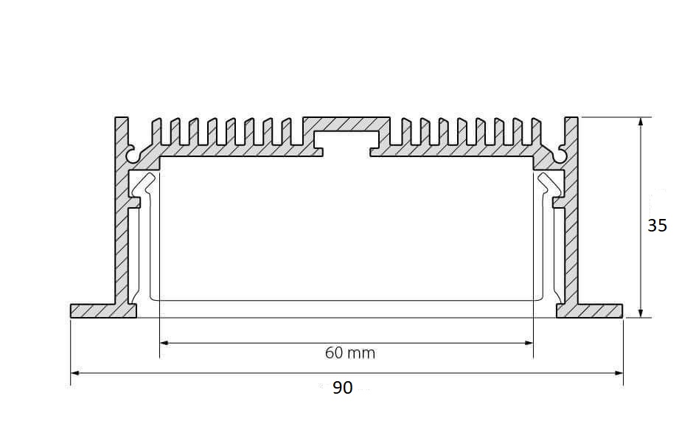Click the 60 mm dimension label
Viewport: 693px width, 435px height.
[x=350, y=352]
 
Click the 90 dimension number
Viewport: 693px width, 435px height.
[x=343, y=388]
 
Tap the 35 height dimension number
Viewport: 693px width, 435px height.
[x=657, y=226]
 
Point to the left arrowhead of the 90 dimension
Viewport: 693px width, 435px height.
[x=75, y=373]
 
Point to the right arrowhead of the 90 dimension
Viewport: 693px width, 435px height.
[x=619, y=373]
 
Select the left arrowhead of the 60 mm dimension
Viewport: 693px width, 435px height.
[x=164, y=343]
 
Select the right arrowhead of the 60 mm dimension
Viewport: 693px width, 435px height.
[x=529, y=343]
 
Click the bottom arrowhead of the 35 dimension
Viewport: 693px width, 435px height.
[x=641, y=313]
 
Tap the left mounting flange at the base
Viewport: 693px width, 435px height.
[x=102, y=311]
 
